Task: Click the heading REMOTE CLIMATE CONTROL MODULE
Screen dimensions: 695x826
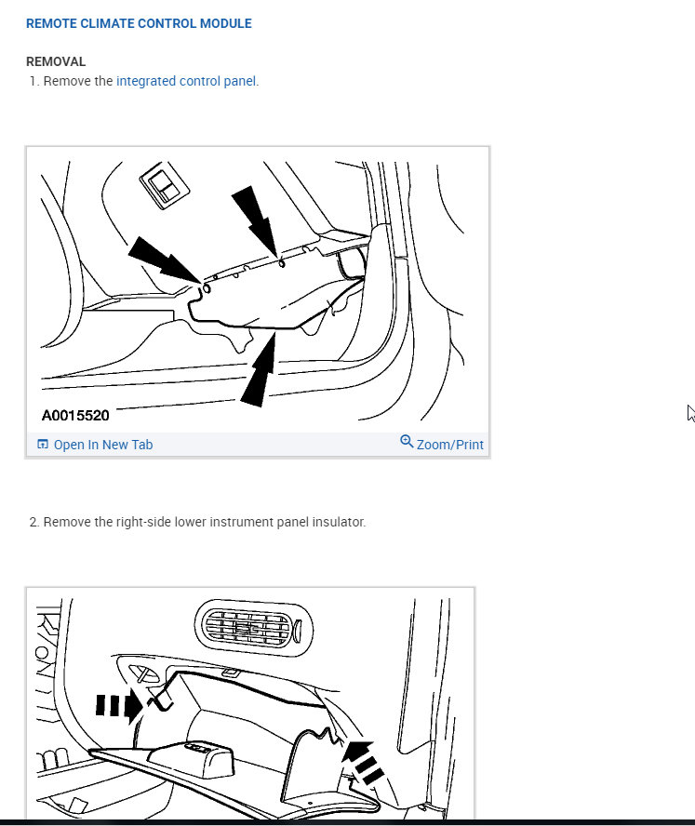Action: pyautogui.click(x=140, y=23)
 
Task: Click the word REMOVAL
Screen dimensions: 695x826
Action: pyautogui.click(x=56, y=61)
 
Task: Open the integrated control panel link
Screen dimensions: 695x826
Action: pyautogui.click(x=187, y=81)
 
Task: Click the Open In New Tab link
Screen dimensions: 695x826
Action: pyautogui.click(x=103, y=445)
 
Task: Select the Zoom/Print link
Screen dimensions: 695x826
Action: pyautogui.click(x=450, y=445)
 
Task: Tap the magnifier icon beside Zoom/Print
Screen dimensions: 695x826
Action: pyautogui.click(x=407, y=441)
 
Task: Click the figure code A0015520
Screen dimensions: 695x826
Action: pyautogui.click(x=75, y=416)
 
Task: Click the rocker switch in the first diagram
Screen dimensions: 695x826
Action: pyautogui.click(x=165, y=185)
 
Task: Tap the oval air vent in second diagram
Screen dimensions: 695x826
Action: pyautogui.click(x=254, y=628)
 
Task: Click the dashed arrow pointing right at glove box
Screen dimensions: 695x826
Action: pyautogui.click(x=119, y=705)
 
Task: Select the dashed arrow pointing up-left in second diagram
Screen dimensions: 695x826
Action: pyautogui.click(x=363, y=762)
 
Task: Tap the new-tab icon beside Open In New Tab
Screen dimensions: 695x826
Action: pyautogui.click(x=43, y=444)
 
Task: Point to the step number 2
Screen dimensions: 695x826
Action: pyautogui.click(x=33, y=522)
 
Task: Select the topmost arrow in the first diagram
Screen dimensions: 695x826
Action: pyautogui.click(x=255, y=221)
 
